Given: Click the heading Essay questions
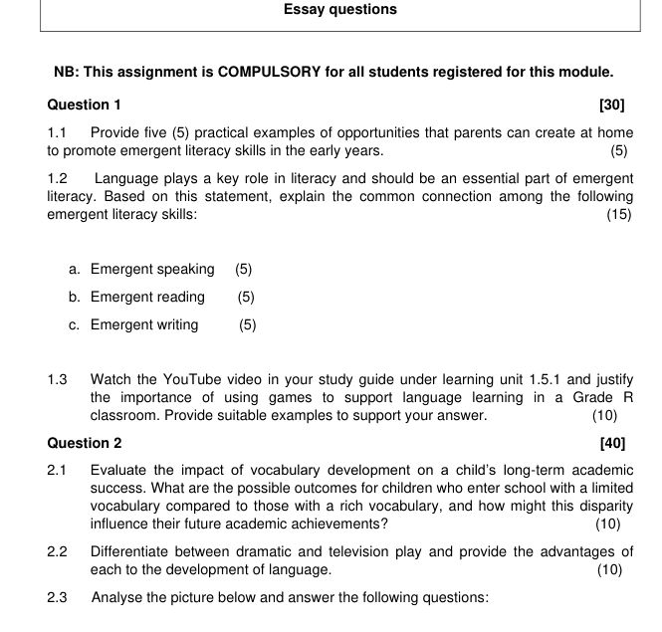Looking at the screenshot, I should point(339,10).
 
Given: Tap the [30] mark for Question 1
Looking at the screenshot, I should point(612,105).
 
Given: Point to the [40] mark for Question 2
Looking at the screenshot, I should point(612,443).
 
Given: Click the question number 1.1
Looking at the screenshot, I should point(57,132).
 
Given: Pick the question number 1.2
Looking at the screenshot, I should point(57,178).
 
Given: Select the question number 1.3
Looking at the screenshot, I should point(57,379).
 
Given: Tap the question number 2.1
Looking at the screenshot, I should point(57,470).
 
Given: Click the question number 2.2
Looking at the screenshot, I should point(57,551).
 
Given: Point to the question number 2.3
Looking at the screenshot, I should point(57,598).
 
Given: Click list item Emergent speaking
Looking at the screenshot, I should point(152,269).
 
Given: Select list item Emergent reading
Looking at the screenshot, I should point(147,297).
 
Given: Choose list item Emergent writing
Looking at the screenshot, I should point(144,324).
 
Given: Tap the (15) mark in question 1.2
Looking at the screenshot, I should point(618,214).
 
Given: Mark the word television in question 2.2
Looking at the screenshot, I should point(337,551).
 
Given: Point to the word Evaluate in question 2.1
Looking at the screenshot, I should point(118,470).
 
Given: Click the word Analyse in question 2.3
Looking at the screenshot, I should point(117,598).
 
